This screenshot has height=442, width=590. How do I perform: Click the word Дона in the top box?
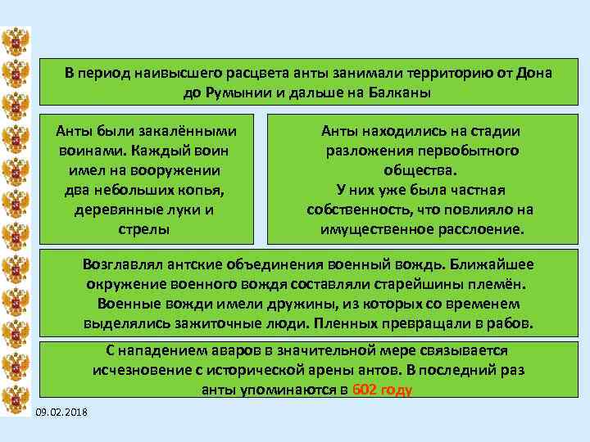(x=534, y=73)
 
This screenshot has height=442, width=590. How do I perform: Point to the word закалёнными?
(x=189, y=131)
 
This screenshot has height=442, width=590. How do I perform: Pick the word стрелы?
(x=146, y=229)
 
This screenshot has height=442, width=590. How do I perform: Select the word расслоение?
(x=472, y=230)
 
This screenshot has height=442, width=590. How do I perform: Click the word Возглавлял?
(x=123, y=265)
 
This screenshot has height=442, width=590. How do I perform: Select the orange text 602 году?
(x=381, y=390)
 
